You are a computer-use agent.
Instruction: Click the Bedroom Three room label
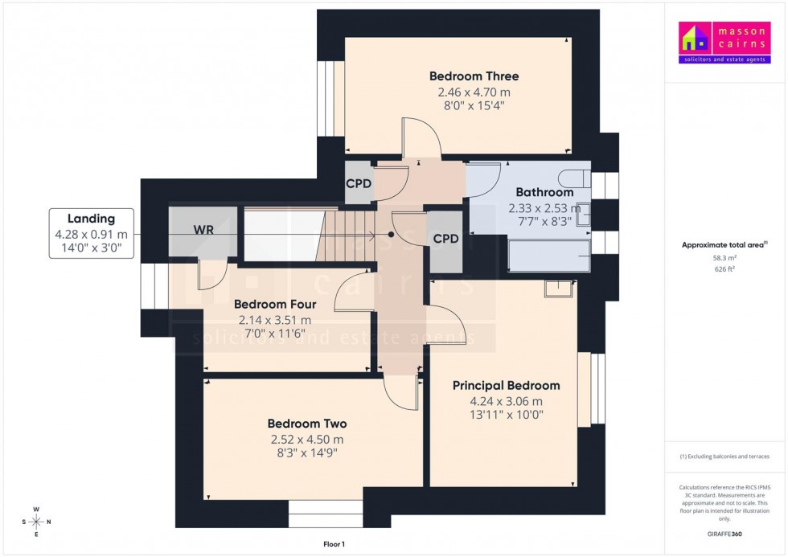click(474, 76)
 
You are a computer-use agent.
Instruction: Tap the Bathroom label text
click(544, 192)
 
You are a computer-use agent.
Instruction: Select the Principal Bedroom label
click(506, 386)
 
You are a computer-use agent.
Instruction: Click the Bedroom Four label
click(274, 305)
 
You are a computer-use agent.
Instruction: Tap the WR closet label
click(203, 230)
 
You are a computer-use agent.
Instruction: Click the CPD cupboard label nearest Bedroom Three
click(359, 183)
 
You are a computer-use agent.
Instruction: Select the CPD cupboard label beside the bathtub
click(445, 239)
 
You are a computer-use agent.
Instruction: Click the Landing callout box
click(91, 233)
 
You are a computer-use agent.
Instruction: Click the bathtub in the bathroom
click(548, 255)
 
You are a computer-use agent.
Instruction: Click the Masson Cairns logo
click(724, 43)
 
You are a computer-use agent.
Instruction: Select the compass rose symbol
click(37, 522)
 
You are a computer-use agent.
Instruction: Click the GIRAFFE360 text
click(724, 533)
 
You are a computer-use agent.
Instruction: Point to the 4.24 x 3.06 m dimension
click(506, 402)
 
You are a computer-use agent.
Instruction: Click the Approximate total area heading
click(724, 244)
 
